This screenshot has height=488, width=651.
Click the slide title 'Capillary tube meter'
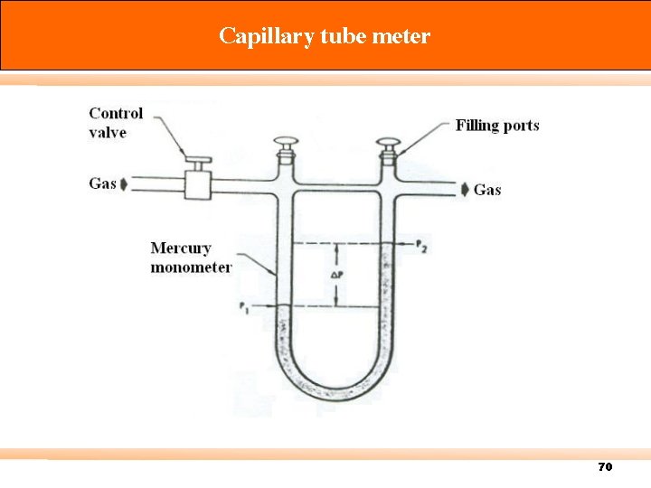point(325,36)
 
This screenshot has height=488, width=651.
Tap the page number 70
point(605,466)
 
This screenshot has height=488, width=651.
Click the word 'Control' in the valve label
point(116,114)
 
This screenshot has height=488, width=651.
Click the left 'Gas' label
point(102,183)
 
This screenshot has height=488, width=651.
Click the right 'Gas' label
point(487,190)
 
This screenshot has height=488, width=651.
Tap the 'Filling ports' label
point(497,126)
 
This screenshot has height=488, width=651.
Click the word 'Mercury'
point(181,248)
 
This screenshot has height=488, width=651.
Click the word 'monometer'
point(191,267)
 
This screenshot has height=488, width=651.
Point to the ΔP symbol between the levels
point(335,274)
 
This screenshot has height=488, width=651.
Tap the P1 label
point(245,307)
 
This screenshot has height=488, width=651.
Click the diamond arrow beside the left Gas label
point(124,183)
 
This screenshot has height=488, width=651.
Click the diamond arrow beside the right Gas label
point(465,190)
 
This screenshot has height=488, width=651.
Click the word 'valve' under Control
point(108,133)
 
